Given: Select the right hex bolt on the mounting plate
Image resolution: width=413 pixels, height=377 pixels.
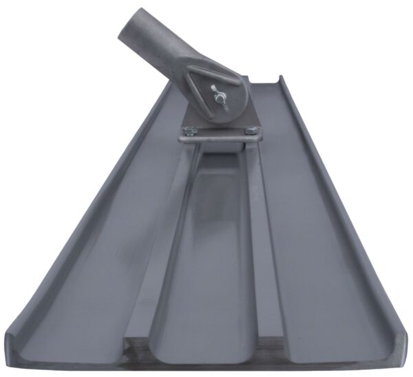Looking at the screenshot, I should [251, 129].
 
